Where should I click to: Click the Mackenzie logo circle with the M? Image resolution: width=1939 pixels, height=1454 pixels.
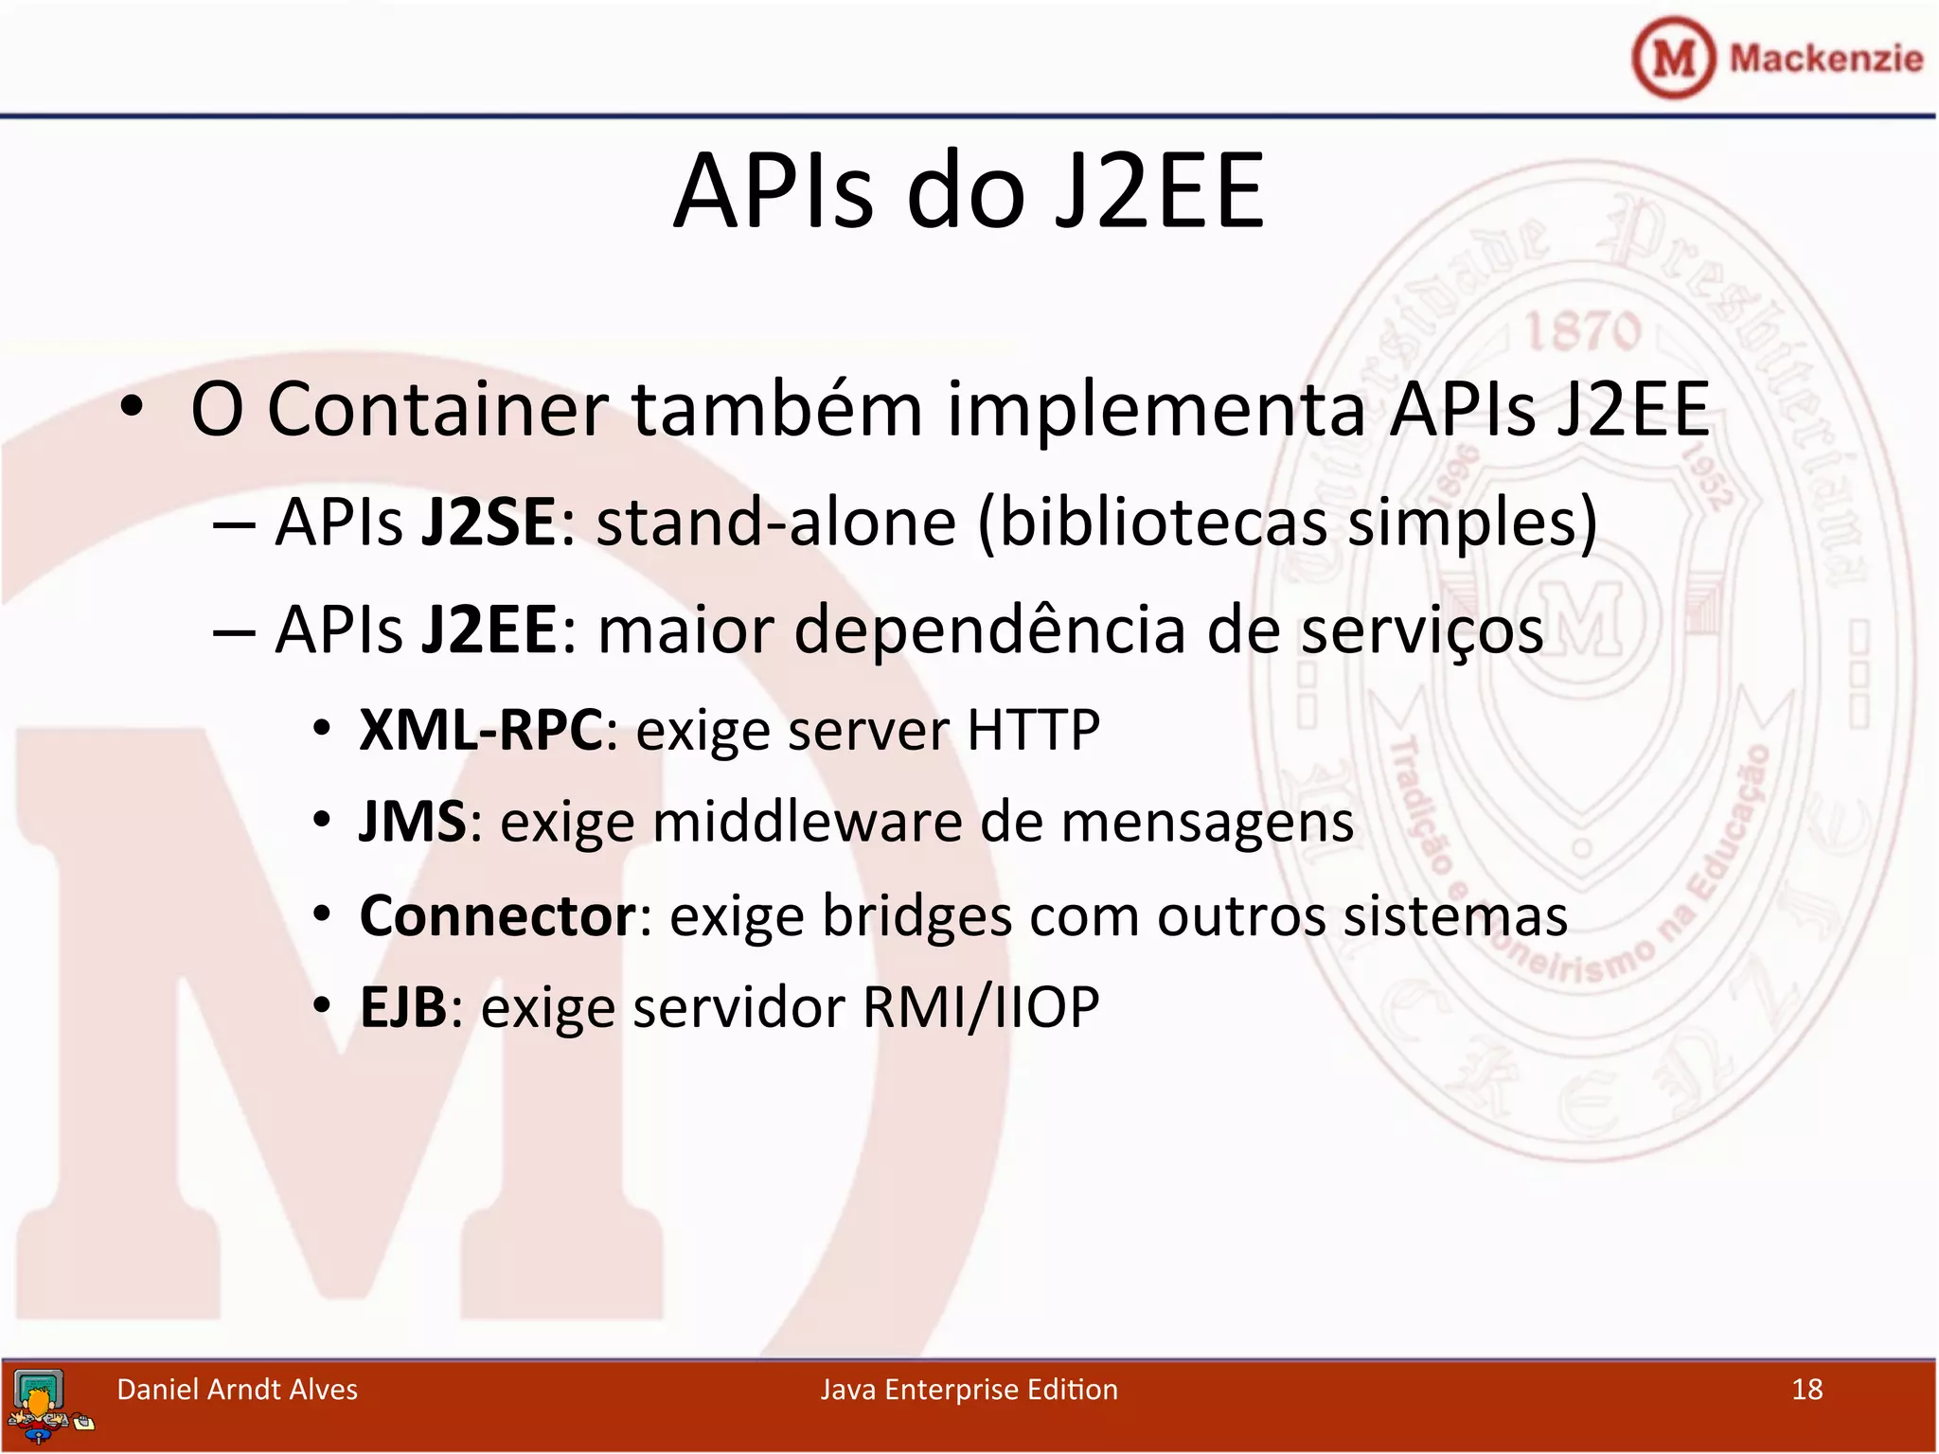click(1673, 58)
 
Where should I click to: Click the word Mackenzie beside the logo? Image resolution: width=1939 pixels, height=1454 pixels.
click(1825, 59)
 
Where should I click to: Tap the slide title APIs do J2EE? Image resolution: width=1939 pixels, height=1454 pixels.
click(968, 191)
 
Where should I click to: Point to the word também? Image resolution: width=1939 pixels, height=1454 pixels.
click(776, 409)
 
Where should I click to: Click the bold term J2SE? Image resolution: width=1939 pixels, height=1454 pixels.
click(489, 523)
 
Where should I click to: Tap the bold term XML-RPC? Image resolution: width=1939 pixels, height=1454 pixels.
click(481, 730)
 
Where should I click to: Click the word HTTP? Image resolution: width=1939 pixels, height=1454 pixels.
click(1033, 730)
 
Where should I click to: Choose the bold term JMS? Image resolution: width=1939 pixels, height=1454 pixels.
click(413, 821)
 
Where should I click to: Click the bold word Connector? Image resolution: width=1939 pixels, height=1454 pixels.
click(498, 915)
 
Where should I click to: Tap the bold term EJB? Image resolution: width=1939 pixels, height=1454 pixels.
click(402, 1006)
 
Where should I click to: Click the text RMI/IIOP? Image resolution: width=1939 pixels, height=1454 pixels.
click(981, 1006)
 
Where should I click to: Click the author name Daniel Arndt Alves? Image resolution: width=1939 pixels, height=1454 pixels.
click(237, 1390)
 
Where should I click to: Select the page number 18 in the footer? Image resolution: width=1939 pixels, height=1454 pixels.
click(1806, 1390)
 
